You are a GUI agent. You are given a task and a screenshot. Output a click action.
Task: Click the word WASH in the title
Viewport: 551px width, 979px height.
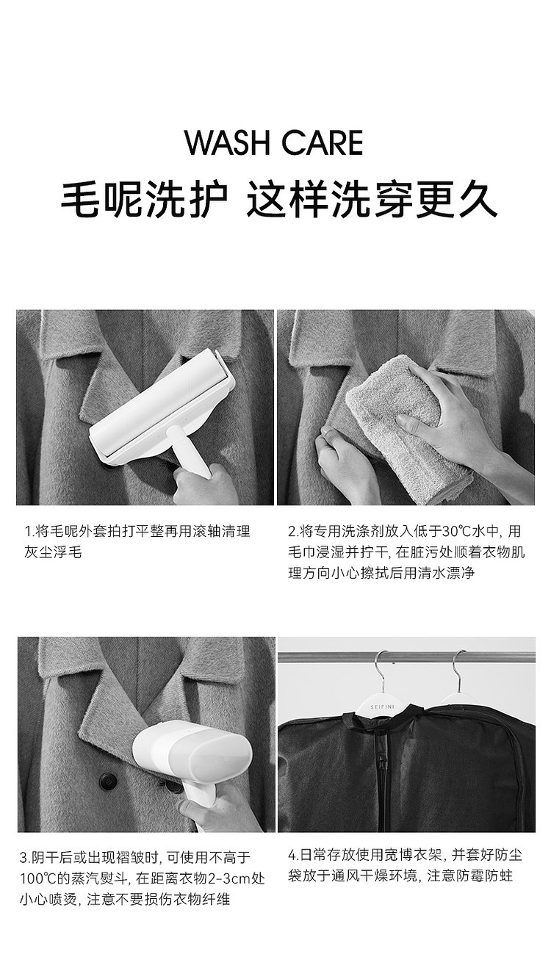(228, 142)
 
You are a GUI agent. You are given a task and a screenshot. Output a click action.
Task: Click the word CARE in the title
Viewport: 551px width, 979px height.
(323, 142)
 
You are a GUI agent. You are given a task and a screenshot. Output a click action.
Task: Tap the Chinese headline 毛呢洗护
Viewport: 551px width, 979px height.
(145, 201)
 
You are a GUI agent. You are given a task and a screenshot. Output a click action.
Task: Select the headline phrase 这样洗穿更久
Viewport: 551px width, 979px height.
(372, 201)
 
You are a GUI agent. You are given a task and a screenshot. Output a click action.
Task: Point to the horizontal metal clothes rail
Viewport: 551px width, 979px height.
(406, 657)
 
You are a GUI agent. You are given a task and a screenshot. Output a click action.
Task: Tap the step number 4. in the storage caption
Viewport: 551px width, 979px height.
(293, 855)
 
